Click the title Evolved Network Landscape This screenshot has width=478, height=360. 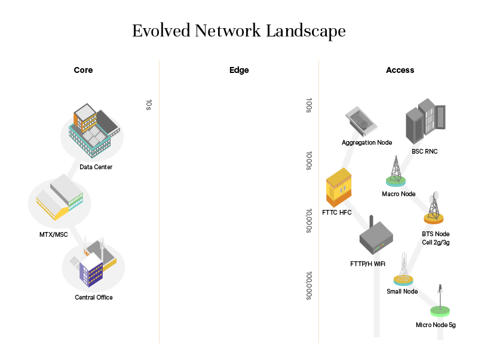(239, 31)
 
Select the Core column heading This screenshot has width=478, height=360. (83, 70)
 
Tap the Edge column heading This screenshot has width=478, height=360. (239, 70)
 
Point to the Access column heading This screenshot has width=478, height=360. (400, 70)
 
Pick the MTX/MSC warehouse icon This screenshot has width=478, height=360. (59, 197)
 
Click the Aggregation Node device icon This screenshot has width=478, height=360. (361, 121)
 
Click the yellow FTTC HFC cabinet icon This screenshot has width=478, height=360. (338, 188)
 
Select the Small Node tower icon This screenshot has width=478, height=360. (403, 270)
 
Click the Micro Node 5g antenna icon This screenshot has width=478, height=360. (440, 302)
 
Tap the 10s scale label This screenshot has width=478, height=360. (149, 105)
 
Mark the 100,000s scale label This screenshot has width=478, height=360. (309, 285)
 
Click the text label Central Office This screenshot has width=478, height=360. (94, 297)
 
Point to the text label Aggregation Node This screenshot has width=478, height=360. (367, 142)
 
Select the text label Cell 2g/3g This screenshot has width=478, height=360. (436, 242)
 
